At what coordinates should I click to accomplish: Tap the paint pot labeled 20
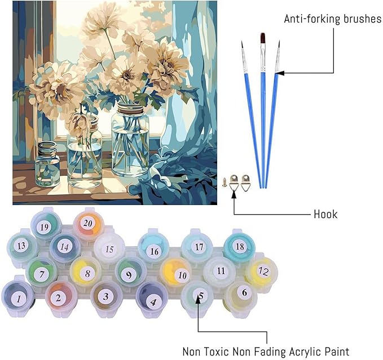[x=87, y=223]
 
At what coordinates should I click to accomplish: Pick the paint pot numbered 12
[x=261, y=272]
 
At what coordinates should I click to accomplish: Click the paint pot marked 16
[x=153, y=251]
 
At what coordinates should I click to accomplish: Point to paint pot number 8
[x=86, y=274]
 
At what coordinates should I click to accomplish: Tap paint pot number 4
[x=153, y=300]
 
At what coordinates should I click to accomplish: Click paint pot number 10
[x=180, y=275]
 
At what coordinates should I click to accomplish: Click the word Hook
[x=325, y=214]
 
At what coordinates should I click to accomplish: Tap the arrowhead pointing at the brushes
[x=280, y=73]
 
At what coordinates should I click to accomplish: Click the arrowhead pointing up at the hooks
[x=234, y=195]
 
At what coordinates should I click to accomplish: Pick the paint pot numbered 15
[x=109, y=248]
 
